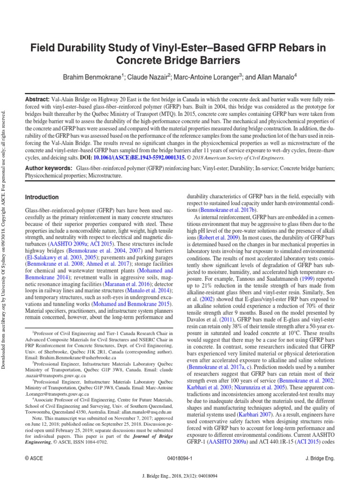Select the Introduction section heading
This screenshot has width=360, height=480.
click(x=42, y=197)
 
